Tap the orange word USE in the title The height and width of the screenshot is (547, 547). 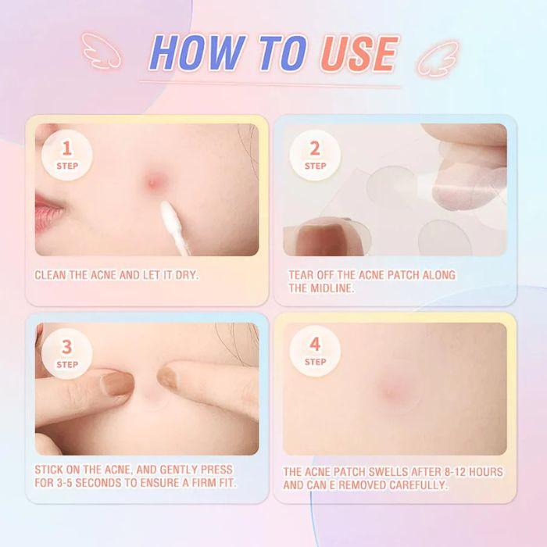point(359,54)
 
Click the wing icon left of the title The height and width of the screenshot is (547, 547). point(101,51)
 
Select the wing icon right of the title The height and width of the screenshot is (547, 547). point(438,59)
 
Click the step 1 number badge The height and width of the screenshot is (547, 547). point(67,155)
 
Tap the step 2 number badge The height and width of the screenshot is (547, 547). point(315,155)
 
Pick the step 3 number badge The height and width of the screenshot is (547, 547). point(67,353)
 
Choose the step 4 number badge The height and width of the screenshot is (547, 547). point(315,351)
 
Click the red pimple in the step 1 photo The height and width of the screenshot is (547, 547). point(154,182)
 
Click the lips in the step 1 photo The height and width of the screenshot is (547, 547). point(48,213)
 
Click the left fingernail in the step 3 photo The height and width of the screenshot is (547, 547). point(117,383)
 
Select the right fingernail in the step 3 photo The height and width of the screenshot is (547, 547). point(166,378)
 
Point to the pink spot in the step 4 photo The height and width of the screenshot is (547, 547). point(391,391)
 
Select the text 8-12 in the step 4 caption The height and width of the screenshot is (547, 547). point(455,472)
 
